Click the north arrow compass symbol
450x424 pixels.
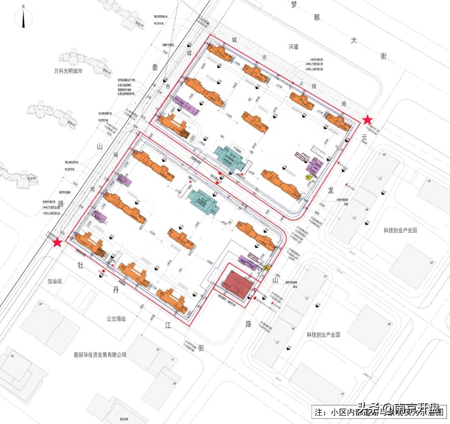pos(24,19)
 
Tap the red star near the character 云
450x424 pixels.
pos(367,120)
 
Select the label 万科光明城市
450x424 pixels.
pos(65,71)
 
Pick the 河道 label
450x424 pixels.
pos(294,47)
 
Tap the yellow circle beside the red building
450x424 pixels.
pos(265,269)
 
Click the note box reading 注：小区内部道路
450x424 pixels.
pos(379,412)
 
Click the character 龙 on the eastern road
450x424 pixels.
pos(331,190)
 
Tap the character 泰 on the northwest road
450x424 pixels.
pos(155,68)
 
